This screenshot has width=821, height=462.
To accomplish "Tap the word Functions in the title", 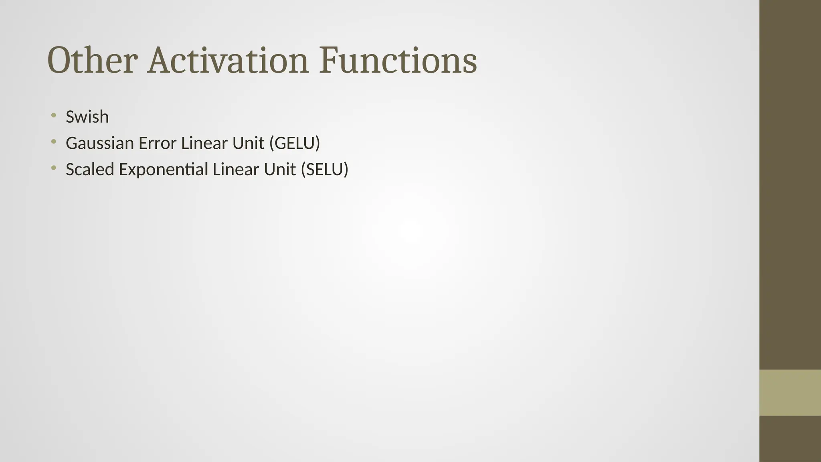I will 398,61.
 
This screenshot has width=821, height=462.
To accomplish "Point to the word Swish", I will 87,117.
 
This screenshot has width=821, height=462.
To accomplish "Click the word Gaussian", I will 99,143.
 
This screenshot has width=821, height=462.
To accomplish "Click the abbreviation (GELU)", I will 295,143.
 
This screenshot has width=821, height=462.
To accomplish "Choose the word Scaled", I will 90,169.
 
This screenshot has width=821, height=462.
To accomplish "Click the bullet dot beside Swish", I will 53,116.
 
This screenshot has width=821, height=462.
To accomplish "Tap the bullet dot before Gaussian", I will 53,142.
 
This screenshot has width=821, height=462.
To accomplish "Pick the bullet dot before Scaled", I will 53,168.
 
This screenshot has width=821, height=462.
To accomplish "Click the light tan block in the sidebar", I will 790,393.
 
